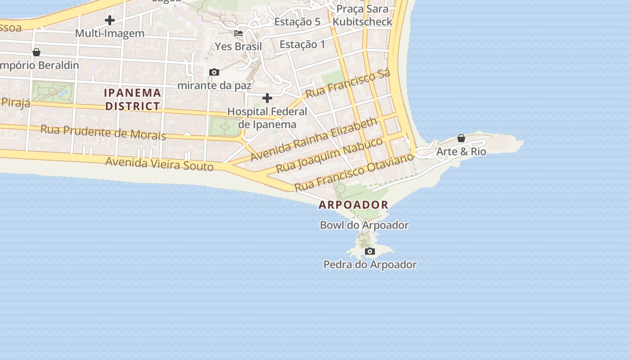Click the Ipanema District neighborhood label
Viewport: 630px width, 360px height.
(x=132, y=99)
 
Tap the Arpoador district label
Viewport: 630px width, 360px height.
(x=353, y=205)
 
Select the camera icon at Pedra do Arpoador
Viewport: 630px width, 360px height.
(x=370, y=251)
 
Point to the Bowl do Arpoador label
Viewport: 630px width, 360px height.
(x=364, y=225)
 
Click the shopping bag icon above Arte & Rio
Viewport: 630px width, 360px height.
(x=461, y=138)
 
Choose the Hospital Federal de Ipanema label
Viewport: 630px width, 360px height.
(x=267, y=118)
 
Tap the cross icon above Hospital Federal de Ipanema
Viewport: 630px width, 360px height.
(x=267, y=98)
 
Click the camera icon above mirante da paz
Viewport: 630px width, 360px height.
(x=214, y=72)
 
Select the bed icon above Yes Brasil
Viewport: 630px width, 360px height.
(x=238, y=33)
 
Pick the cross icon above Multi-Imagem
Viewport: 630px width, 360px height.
(x=109, y=20)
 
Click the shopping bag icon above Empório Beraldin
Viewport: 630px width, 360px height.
(x=36, y=52)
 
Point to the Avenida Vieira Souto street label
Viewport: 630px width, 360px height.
(x=159, y=164)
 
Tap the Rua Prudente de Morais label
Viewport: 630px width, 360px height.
(x=103, y=132)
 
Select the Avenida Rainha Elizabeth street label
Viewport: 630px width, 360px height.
(x=314, y=139)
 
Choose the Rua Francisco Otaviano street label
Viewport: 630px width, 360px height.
(x=354, y=172)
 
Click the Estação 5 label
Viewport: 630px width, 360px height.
(x=297, y=22)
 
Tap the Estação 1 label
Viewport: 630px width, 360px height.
(x=302, y=44)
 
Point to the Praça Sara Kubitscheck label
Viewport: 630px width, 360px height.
(x=364, y=15)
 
